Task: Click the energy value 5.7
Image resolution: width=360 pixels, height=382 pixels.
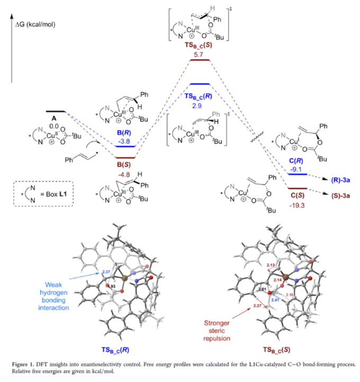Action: click(x=199, y=55)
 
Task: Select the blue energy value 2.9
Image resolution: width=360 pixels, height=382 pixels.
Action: click(x=197, y=106)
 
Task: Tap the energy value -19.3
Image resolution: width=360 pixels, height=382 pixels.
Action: click(x=297, y=206)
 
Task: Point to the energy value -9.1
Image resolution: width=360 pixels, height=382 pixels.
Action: click(x=296, y=170)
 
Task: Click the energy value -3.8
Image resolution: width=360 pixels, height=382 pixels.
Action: click(x=124, y=141)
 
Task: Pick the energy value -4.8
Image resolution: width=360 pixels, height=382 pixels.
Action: click(x=124, y=175)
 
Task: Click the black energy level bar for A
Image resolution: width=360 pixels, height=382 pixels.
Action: click(x=56, y=112)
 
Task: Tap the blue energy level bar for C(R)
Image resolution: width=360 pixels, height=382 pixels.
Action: click(x=298, y=174)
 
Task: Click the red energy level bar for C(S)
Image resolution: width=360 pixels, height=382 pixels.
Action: click(x=298, y=189)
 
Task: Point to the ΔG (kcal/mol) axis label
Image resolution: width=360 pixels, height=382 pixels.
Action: click(x=35, y=24)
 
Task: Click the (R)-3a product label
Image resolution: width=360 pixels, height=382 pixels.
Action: click(x=340, y=180)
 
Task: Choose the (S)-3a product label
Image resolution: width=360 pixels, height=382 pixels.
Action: click(x=340, y=196)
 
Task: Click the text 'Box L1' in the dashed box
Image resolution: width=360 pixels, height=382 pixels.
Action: click(x=56, y=194)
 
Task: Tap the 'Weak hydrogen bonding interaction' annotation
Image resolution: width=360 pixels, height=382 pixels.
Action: click(x=53, y=296)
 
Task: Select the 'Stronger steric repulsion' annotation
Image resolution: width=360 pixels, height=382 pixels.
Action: click(x=217, y=331)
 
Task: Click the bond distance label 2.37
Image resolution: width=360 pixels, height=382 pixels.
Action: click(x=106, y=272)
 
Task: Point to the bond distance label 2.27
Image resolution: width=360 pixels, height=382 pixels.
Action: click(x=257, y=306)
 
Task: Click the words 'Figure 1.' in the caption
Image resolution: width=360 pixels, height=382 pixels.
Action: click(x=23, y=365)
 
